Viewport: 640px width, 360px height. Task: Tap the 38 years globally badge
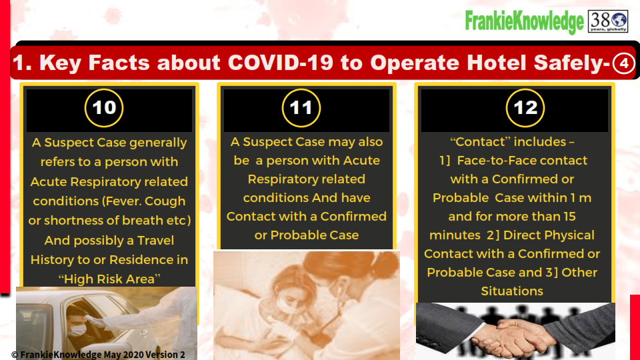pyautogui.click(x=608, y=21)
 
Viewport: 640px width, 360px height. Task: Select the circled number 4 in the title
pyautogui.click(x=624, y=63)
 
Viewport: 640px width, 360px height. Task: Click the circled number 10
pyautogui.click(x=104, y=108)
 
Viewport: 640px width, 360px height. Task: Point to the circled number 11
pyautogui.click(x=301, y=108)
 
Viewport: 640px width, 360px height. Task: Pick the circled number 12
pyautogui.click(x=525, y=108)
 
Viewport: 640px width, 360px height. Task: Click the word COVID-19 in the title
pyautogui.click(x=281, y=63)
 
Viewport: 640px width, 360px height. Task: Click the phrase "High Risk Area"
pyautogui.click(x=109, y=279)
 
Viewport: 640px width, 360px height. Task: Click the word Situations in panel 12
pyautogui.click(x=512, y=291)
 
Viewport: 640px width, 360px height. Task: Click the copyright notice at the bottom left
pyautogui.click(x=98, y=355)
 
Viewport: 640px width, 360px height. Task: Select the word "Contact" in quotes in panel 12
pyautogui.click(x=480, y=141)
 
